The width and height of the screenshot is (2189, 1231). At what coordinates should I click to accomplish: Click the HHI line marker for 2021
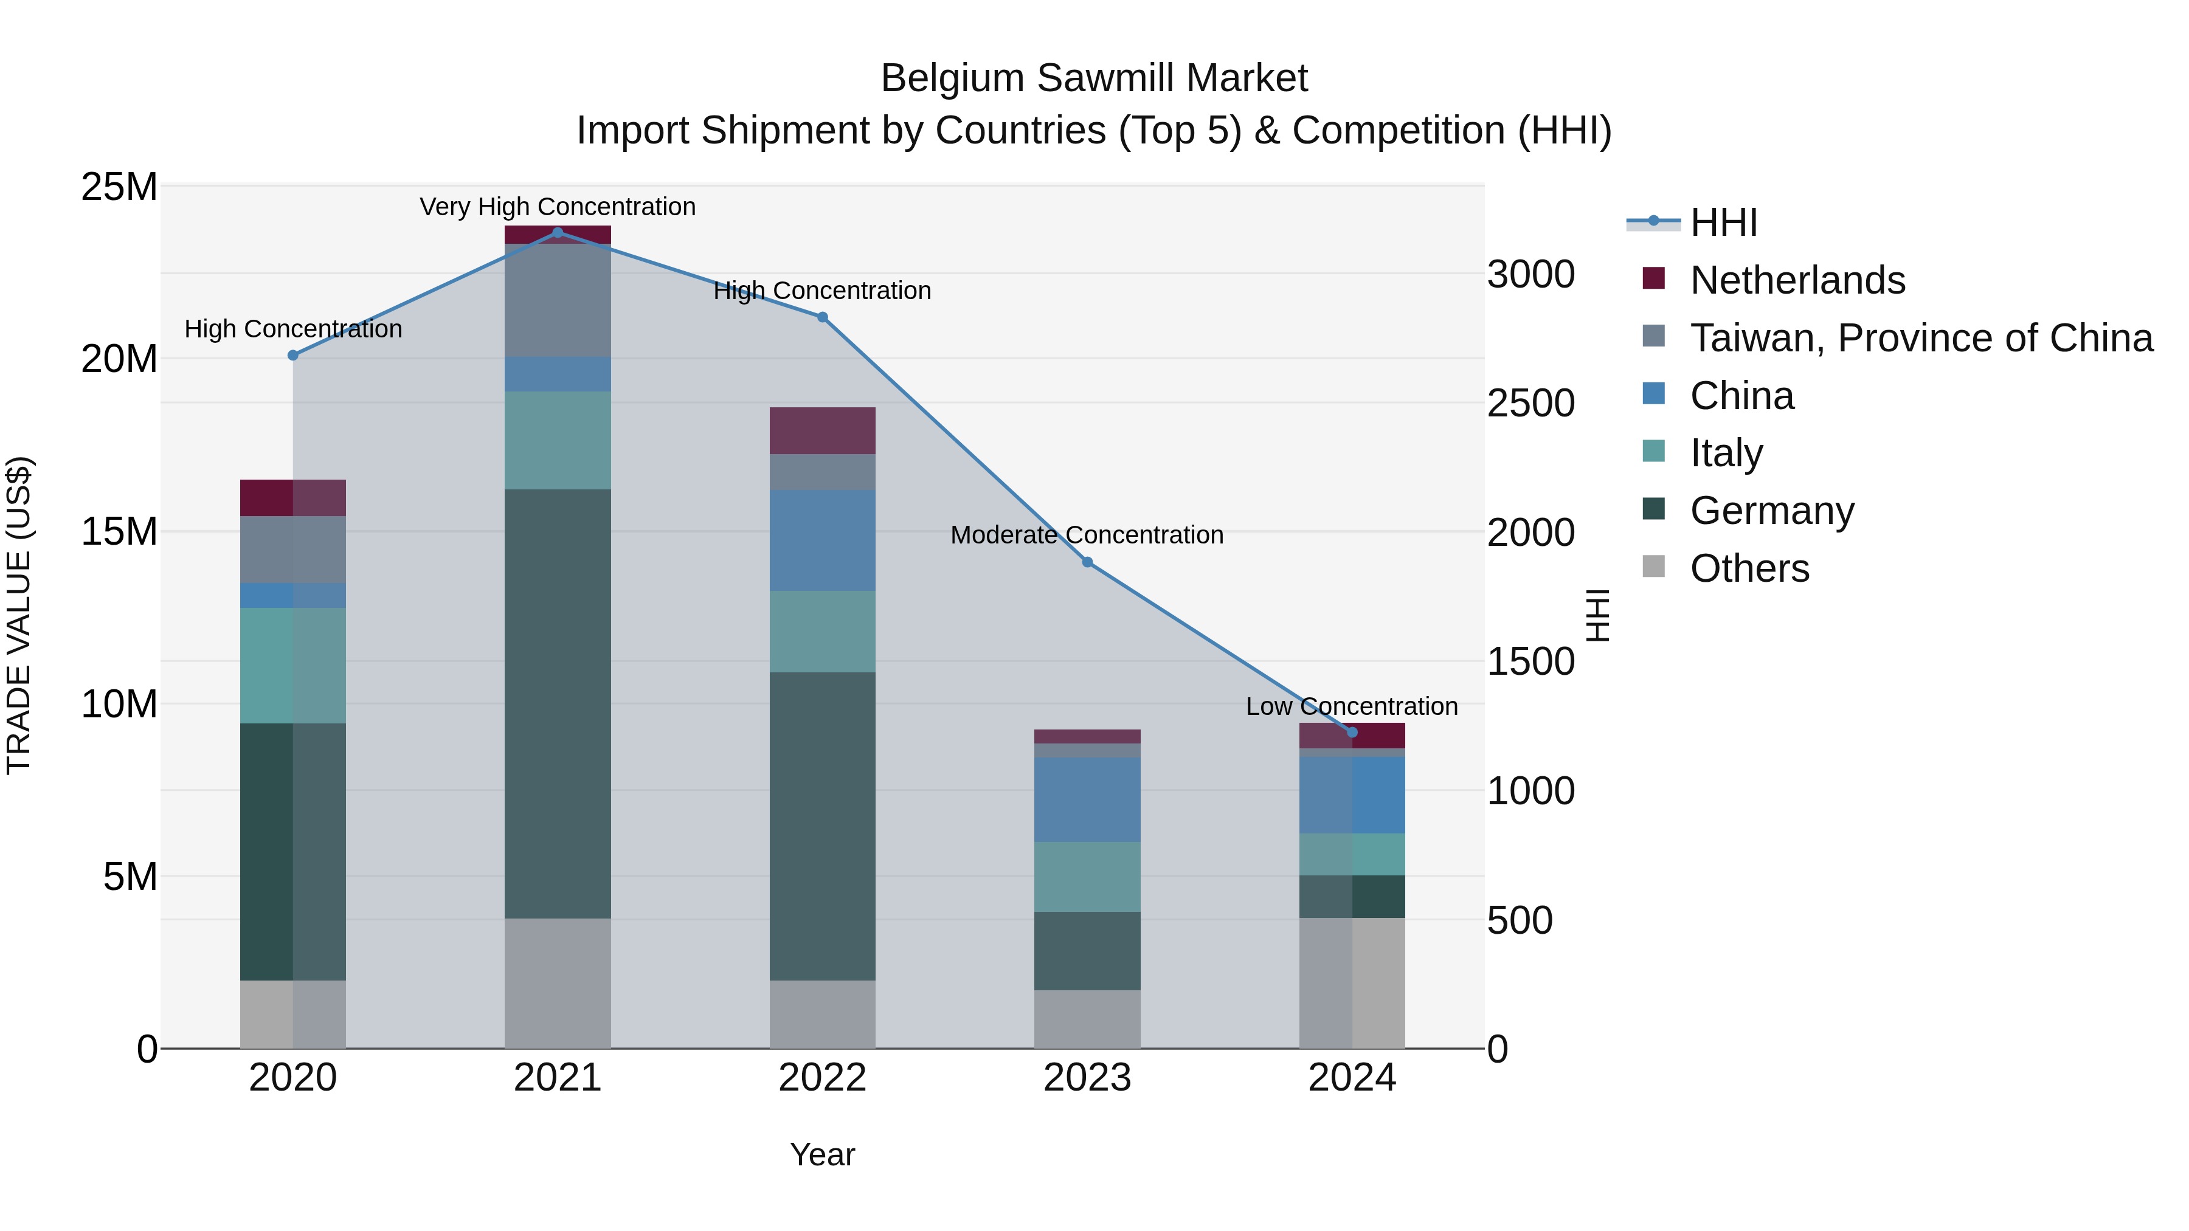click(558, 232)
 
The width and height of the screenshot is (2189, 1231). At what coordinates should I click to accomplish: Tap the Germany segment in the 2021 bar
click(558, 703)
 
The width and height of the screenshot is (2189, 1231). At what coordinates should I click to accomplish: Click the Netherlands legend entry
click(1797, 280)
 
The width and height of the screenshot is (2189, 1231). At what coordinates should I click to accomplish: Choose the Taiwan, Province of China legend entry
click(1920, 337)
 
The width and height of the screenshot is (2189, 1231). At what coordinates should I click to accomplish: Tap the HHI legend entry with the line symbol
click(1723, 222)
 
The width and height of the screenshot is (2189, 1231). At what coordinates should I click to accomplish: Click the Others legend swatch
click(1654, 567)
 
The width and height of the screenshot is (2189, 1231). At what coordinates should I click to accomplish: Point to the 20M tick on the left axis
click(119, 359)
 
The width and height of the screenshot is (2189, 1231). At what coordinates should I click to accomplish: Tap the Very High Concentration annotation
click(558, 207)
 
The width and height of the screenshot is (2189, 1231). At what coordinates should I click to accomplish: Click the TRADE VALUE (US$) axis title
click(19, 615)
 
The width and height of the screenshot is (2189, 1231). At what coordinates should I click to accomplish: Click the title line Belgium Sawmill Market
click(1094, 78)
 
